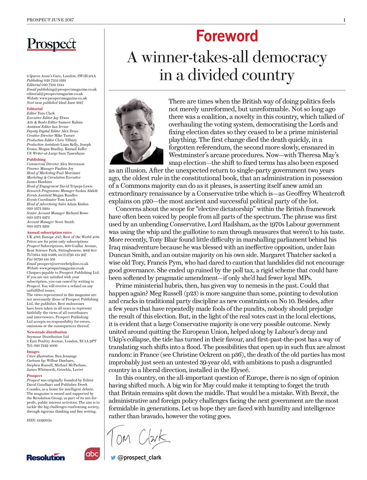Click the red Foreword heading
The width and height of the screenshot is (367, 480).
[x=227, y=36]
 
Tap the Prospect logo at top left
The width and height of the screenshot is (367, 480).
[x=51, y=44]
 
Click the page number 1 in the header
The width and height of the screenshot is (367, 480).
[x=344, y=20]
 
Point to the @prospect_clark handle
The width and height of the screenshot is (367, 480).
[x=139, y=457]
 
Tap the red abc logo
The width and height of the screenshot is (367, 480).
[x=92, y=454]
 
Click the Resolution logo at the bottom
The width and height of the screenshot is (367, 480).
[x=45, y=457]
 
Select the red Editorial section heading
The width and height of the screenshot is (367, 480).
[x=34, y=109]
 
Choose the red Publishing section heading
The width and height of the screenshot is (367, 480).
[x=36, y=159]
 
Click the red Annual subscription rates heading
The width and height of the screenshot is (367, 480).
[x=49, y=232]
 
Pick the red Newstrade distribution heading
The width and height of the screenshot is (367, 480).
[x=47, y=332]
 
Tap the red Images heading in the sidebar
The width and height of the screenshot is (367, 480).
[x=33, y=352]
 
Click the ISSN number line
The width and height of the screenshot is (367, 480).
[x=39, y=420]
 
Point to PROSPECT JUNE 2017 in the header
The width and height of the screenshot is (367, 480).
[x=50, y=20]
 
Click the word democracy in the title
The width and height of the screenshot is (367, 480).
[x=290, y=57]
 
